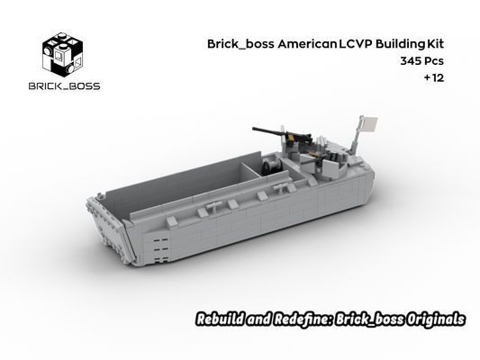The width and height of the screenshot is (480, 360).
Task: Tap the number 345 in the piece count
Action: (x=394, y=60)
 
